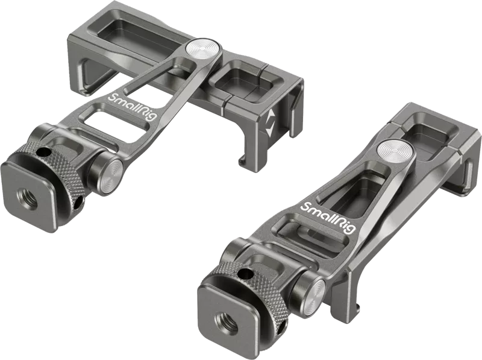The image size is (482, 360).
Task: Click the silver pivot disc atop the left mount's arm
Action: (x=204, y=49)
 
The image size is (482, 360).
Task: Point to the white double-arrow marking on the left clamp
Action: (x=270, y=123)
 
